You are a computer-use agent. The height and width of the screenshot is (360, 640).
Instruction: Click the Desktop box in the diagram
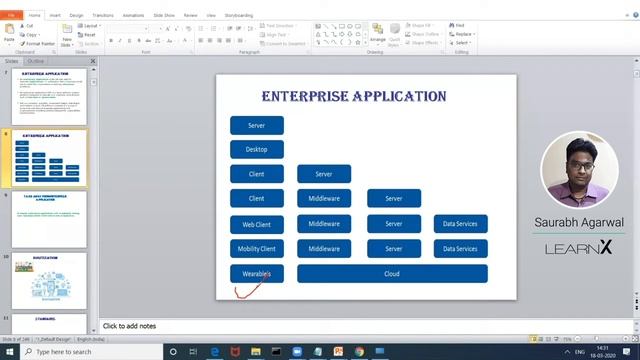click(256, 149)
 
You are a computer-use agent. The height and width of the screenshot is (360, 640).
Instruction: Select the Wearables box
click(256, 273)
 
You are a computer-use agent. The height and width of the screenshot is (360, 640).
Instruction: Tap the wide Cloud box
click(392, 273)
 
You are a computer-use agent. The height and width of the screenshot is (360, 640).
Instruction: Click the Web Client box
click(256, 224)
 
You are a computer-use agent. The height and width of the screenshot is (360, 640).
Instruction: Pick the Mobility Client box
click(256, 248)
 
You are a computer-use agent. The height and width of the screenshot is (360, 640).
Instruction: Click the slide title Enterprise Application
click(353, 97)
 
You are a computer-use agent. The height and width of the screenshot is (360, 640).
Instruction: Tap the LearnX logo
click(579, 248)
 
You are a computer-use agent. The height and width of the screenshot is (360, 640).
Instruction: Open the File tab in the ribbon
click(11, 16)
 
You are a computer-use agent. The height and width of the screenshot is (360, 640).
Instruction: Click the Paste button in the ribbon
click(10, 35)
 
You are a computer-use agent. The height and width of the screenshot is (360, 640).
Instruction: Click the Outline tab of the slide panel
click(35, 61)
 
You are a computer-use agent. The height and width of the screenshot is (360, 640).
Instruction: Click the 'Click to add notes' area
click(130, 327)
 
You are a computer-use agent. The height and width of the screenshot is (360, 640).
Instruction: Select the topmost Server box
click(256, 125)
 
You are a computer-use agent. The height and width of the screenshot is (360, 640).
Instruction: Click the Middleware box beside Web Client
click(324, 224)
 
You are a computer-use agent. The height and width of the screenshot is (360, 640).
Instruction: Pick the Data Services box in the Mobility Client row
click(460, 248)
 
